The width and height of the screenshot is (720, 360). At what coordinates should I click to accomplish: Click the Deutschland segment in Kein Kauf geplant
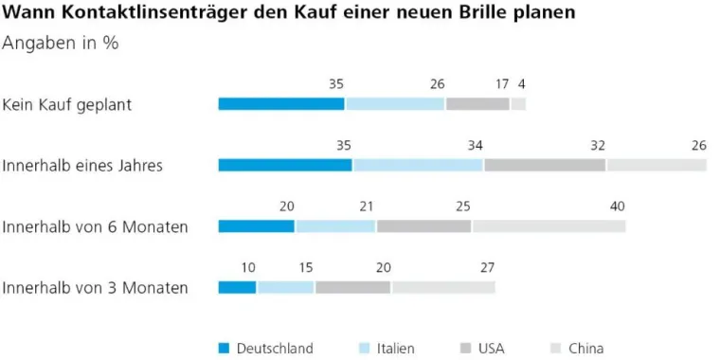click(281, 104)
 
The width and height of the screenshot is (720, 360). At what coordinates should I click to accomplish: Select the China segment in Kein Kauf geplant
click(518, 104)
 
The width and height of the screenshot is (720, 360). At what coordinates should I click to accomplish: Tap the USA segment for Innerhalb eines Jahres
click(545, 165)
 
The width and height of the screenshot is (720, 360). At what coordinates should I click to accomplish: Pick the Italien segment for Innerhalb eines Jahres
click(418, 165)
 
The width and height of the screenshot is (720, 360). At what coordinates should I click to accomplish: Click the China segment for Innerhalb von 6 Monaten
click(549, 226)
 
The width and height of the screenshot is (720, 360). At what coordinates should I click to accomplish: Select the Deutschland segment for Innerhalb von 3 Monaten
click(237, 287)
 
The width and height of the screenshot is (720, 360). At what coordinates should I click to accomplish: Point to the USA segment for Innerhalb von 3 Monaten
click(352, 287)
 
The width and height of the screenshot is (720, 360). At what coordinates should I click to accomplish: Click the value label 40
click(618, 207)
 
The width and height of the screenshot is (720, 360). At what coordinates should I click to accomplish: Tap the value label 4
click(521, 84)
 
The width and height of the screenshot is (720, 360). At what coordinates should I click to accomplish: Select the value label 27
click(487, 267)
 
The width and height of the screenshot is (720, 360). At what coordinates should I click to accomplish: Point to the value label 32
click(597, 145)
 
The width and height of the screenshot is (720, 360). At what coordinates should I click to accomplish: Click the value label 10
click(248, 267)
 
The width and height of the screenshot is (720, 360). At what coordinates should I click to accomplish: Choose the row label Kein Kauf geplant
click(67, 104)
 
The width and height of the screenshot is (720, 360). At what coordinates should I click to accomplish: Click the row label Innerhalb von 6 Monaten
click(95, 226)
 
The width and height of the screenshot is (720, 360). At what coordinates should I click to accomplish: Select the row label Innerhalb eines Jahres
click(83, 165)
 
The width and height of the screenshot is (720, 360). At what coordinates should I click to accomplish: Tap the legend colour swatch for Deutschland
click(224, 348)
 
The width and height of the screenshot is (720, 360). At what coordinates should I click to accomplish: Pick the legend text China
click(585, 348)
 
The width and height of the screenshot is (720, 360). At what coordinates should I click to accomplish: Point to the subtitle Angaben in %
click(60, 44)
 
